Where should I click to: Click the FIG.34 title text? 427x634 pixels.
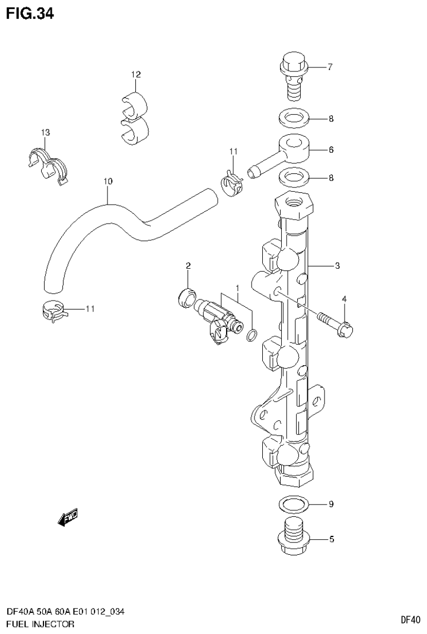click(30, 13)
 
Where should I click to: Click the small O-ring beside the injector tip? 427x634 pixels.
click(252, 335)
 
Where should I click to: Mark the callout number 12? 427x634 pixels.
click(136, 74)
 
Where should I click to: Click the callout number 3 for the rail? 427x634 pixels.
click(337, 266)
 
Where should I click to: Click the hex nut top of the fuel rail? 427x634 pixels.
click(295, 205)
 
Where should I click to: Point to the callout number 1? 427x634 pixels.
click(237, 288)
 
